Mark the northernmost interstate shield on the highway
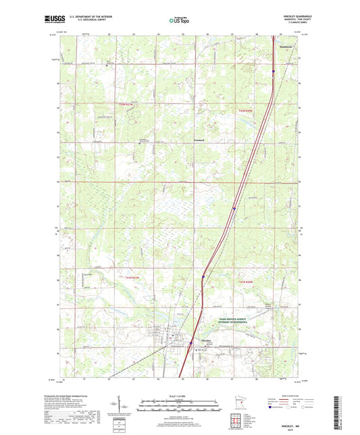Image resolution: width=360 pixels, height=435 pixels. coord(273,70)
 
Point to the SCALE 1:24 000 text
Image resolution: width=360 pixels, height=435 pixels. coord(179,396)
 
